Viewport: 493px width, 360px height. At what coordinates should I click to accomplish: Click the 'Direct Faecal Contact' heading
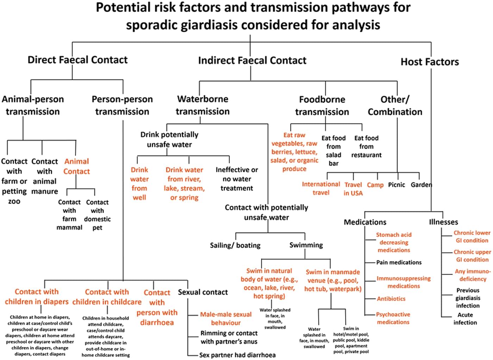click(77, 60)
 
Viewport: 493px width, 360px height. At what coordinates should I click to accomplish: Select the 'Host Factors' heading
click(430, 62)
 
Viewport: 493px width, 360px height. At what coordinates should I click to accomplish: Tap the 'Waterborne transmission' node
click(202, 105)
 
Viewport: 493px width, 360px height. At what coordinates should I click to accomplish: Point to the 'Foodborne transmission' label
click(322, 106)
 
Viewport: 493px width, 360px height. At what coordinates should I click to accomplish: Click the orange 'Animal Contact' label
click(76, 166)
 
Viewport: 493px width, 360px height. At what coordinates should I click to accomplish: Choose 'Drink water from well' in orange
click(139, 184)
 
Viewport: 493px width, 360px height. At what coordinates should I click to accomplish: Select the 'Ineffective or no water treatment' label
click(237, 179)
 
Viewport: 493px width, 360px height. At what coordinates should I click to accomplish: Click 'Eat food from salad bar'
click(333, 150)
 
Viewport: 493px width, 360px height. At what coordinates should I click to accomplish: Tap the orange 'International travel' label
click(321, 188)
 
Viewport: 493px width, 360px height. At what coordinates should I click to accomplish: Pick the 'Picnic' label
click(397, 185)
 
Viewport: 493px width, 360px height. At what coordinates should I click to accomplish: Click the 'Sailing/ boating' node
click(235, 245)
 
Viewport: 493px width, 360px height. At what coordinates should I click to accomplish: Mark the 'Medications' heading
click(365, 222)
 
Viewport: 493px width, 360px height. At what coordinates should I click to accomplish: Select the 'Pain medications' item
click(399, 262)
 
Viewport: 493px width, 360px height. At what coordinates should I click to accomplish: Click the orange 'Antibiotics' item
click(391, 299)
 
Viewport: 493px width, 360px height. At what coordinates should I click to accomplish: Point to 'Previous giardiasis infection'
click(468, 298)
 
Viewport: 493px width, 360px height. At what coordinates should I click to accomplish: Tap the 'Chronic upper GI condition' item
click(472, 256)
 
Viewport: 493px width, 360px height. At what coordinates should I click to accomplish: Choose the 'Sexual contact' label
click(203, 292)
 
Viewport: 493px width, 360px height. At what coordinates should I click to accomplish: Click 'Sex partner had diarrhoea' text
click(237, 355)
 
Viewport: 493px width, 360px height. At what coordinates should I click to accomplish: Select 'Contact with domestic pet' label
click(97, 215)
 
